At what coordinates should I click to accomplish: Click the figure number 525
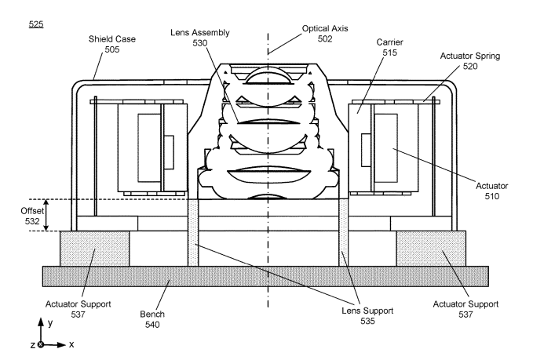tap(36, 24)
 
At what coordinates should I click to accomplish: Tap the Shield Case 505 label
tap(112, 44)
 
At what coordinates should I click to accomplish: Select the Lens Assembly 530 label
tap(200, 38)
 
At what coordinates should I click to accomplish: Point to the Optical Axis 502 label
tap(325, 34)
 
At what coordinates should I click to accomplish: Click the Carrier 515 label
tap(389, 47)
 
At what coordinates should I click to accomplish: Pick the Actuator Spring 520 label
tap(470, 61)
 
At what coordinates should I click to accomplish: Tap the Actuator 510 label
tap(491, 191)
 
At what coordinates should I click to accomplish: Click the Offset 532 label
tap(32, 216)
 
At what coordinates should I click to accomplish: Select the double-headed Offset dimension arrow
tap(47, 215)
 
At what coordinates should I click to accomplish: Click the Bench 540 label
tap(152, 319)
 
